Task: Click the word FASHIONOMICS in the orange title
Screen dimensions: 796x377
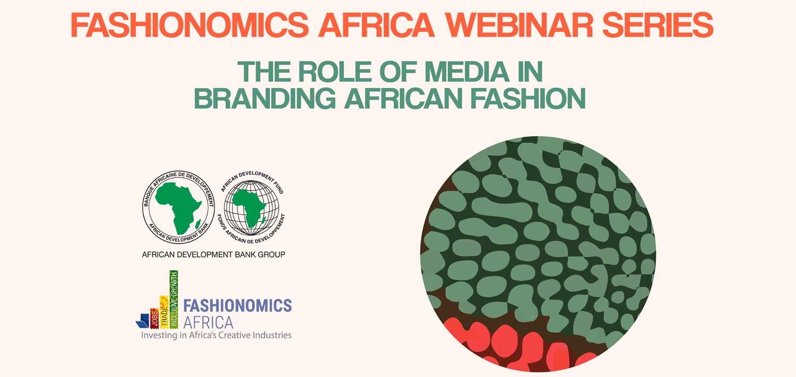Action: (190, 25)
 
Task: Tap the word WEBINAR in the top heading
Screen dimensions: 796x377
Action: (519, 25)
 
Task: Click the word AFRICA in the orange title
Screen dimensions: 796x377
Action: (377, 25)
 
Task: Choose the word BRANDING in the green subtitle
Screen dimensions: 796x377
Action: (265, 98)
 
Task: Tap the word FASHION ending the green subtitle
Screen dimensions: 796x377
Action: (528, 98)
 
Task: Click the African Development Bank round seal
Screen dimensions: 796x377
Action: (178, 207)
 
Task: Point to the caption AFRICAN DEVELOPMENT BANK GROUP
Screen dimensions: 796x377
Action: (213, 255)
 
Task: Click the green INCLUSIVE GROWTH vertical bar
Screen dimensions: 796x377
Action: (174, 299)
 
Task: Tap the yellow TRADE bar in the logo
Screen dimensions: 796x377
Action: (164, 312)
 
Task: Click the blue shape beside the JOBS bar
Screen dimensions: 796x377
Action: (143, 321)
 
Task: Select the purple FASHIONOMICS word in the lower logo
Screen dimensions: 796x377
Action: (237, 305)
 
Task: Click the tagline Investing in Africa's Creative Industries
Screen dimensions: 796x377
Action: (216, 336)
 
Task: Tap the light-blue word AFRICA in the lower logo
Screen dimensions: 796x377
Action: (208, 322)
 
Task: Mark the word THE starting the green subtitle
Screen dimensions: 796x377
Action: (264, 72)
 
